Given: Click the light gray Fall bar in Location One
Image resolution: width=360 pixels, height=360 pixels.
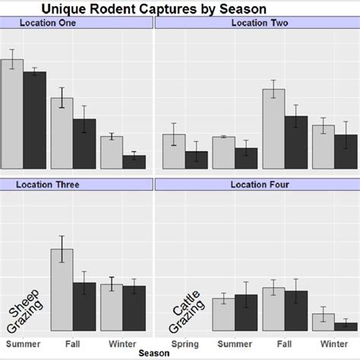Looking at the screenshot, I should pyautogui.click(x=62, y=133).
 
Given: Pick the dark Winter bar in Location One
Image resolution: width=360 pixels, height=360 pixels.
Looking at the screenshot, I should pyautogui.click(x=134, y=162).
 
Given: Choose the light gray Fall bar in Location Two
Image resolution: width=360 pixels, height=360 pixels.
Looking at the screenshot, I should pyautogui.click(x=273, y=129).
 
